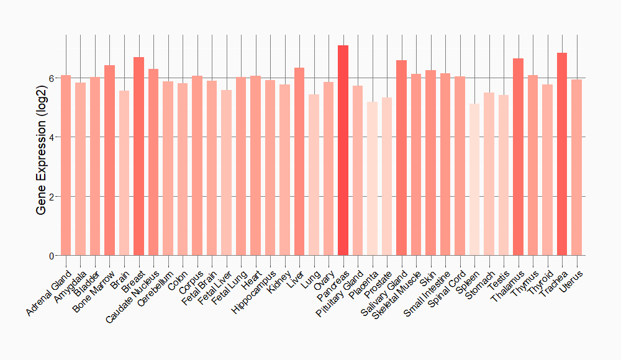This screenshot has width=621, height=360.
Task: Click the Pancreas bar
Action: point(343,150)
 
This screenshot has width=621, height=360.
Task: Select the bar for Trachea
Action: point(562,154)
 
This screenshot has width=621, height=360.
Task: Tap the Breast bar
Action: point(138,156)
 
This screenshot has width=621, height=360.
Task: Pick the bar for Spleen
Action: point(474,179)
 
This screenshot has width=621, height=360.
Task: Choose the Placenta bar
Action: point(372,179)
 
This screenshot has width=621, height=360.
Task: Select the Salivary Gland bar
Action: point(401,158)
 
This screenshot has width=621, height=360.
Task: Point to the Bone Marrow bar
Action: point(109,160)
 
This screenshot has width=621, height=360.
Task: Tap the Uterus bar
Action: point(576,168)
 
